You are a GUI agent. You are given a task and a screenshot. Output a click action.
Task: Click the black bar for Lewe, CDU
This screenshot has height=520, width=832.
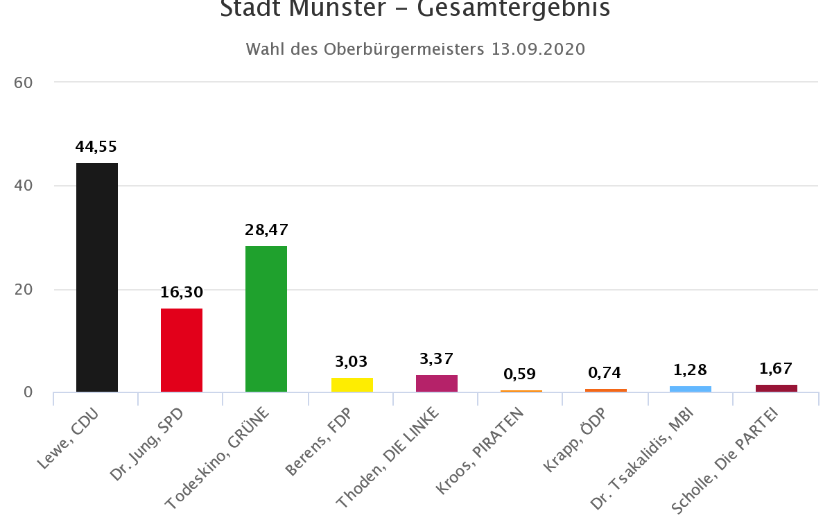coord(97,277)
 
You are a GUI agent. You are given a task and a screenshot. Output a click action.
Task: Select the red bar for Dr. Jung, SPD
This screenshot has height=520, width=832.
coord(182,350)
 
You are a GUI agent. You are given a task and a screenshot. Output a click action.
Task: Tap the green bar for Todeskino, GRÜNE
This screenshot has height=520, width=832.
coord(266,319)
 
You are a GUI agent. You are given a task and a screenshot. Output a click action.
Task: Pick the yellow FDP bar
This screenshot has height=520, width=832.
coord(352,385)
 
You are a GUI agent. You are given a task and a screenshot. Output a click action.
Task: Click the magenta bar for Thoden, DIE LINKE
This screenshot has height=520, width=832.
coord(437,383)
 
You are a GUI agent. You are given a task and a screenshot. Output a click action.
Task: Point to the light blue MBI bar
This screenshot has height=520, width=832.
coord(691,389)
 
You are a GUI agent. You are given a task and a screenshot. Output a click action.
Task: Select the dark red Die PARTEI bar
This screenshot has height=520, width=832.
coord(777,388)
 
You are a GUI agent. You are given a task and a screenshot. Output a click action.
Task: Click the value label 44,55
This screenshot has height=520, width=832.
coord(96,147)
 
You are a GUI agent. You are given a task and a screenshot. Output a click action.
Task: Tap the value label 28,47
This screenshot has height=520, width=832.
coord(266,229)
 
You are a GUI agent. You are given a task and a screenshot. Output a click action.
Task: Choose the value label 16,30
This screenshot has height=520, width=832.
coord(182,293)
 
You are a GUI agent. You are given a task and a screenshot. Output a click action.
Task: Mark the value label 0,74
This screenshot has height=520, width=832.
coord(606,373)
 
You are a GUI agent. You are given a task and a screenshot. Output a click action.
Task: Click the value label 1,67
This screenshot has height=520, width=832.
coord(776,368)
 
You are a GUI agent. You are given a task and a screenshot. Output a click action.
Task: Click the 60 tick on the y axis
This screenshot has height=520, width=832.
coord(24,83)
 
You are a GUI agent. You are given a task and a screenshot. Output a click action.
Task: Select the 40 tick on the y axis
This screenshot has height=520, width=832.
coord(24,186)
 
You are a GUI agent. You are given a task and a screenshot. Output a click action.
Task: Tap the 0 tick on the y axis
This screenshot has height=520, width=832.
coord(28,392)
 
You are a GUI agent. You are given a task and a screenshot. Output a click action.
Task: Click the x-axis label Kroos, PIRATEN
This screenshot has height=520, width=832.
coord(480,451)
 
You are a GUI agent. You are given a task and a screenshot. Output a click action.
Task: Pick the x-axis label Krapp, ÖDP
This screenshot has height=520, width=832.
coord(575,440)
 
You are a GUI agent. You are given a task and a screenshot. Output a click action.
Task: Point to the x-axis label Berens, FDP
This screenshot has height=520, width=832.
coord(318,442)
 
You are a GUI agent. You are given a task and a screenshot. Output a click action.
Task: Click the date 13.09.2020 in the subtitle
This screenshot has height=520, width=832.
coord(539,49)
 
